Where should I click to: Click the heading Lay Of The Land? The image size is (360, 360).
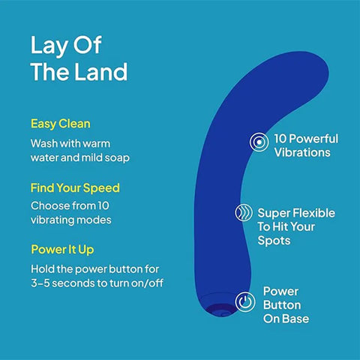click(79, 58)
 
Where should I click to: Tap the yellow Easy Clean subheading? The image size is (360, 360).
click(61, 123)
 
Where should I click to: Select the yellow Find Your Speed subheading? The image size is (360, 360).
click(75, 187)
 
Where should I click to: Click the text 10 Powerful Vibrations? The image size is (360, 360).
click(305, 145)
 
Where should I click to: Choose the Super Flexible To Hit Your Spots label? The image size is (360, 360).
click(295, 227)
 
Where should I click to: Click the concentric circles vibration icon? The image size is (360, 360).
click(258, 141)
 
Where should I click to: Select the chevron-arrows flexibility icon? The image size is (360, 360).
click(244, 214)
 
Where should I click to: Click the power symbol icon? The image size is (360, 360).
click(245, 303)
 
